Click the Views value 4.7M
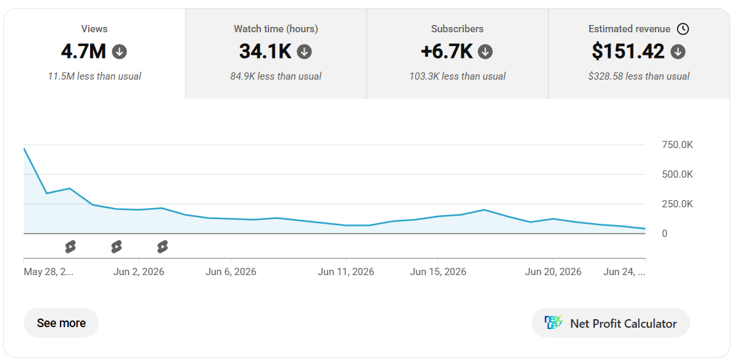(x=84, y=51)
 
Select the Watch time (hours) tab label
(x=276, y=29)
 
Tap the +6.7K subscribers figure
(x=447, y=51)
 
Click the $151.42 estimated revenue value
(x=628, y=51)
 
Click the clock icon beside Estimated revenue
(x=682, y=29)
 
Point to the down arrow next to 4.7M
(x=119, y=52)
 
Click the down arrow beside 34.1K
(x=305, y=52)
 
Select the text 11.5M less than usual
(x=94, y=76)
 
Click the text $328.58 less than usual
(x=639, y=76)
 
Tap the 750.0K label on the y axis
(x=678, y=145)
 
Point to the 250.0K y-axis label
(x=678, y=204)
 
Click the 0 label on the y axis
(x=665, y=234)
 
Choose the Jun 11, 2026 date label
(x=346, y=272)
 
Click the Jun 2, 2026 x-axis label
(x=139, y=272)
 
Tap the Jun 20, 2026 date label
(x=553, y=272)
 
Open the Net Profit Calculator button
(x=611, y=323)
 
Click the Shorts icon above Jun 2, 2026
(x=116, y=247)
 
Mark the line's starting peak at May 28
(x=24, y=149)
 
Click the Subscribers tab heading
(x=457, y=29)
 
